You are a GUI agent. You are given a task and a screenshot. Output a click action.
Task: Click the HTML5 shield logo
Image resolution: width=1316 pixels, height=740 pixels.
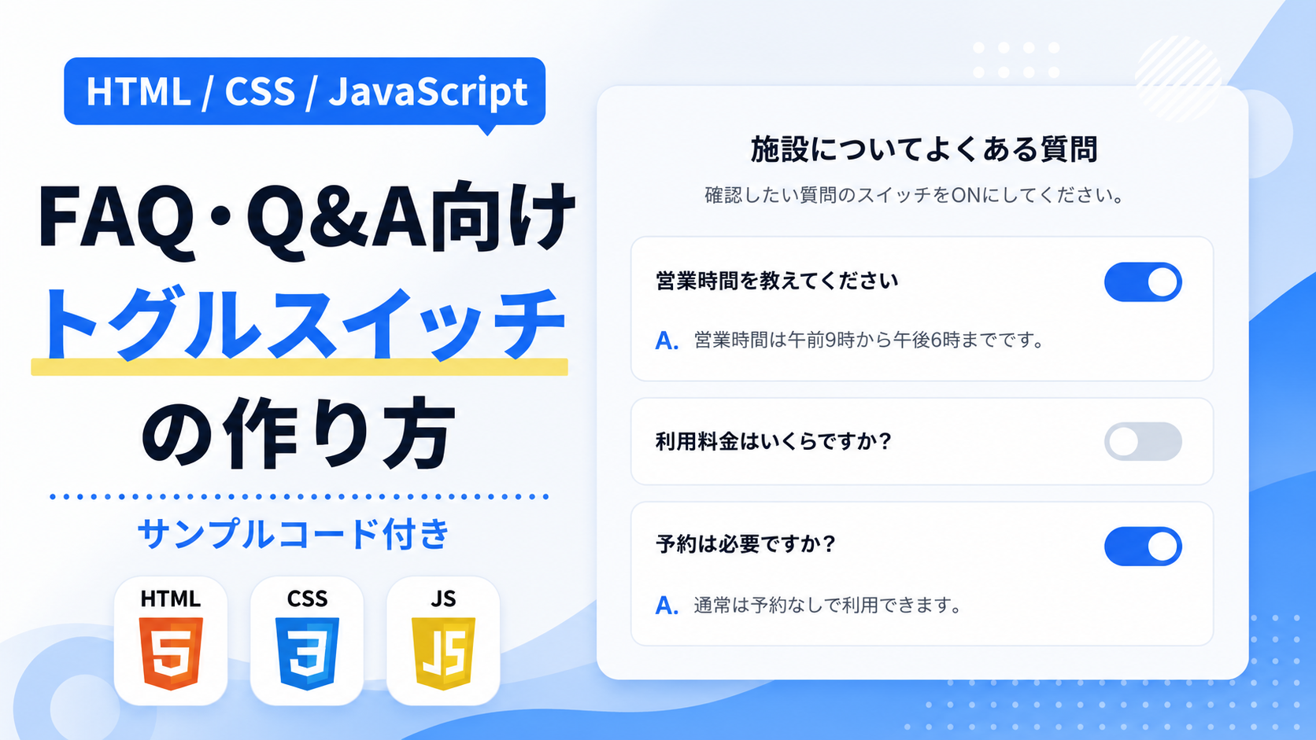(x=171, y=653)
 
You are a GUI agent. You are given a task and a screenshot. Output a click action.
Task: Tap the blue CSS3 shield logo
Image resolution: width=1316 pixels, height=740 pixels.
(x=307, y=653)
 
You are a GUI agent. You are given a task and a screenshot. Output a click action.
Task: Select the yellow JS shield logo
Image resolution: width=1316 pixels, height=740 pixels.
(x=444, y=653)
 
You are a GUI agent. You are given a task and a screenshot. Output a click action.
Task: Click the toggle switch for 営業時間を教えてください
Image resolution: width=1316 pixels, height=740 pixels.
(x=1143, y=282)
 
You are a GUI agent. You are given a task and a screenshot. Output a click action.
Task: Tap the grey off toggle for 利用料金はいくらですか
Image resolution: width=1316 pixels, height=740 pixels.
(x=1143, y=441)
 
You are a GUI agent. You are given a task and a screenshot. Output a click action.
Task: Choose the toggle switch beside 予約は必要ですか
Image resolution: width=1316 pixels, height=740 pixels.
(x=1143, y=547)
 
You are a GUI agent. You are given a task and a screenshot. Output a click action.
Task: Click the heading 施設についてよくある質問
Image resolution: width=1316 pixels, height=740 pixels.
(x=923, y=149)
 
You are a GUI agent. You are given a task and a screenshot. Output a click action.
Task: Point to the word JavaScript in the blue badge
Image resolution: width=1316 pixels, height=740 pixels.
(x=427, y=91)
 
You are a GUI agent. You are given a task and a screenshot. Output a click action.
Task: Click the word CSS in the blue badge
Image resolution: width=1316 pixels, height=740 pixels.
(x=260, y=91)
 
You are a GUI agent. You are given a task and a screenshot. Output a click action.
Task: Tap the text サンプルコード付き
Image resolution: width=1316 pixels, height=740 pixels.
(x=293, y=533)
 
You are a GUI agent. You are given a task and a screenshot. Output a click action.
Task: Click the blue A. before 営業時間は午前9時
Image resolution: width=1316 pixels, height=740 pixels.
(x=667, y=341)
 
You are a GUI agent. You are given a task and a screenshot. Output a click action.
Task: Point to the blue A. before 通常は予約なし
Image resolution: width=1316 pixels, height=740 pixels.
(x=667, y=606)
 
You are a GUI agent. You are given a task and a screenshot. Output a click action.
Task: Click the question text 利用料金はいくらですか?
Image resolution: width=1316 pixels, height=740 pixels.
(x=774, y=441)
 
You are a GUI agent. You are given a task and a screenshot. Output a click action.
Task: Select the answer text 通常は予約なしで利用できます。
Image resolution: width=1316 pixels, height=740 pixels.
(x=827, y=605)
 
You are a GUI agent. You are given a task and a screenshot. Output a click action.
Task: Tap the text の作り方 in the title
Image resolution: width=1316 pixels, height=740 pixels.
(x=298, y=433)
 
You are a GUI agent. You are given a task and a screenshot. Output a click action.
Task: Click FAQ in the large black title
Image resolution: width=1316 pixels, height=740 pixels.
(x=116, y=217)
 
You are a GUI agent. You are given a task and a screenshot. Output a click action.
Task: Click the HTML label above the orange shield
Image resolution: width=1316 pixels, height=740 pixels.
(x=170, y=598)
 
